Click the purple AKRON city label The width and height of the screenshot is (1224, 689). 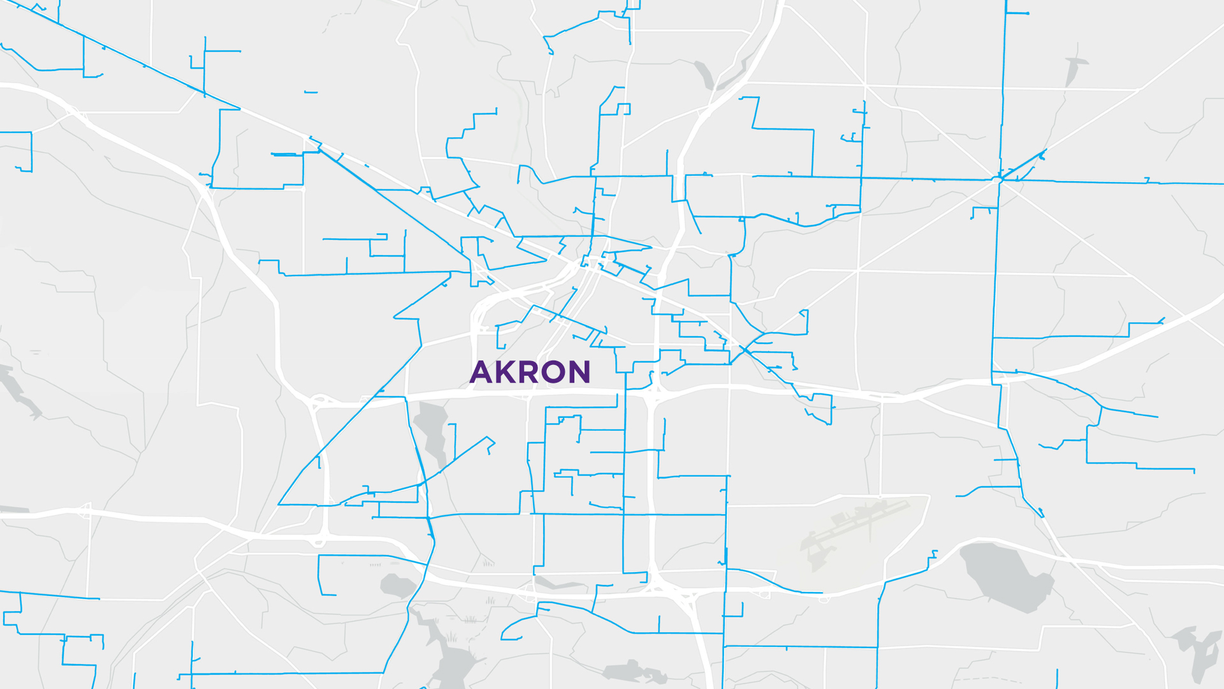tap(530, 372)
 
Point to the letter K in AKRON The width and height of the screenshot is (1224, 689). tap(507, 372)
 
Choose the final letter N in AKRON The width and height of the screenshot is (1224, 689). tap(580, 372)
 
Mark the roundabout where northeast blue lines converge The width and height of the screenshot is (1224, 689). tap(998, 179)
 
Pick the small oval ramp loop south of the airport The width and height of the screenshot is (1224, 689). tap(824, 599)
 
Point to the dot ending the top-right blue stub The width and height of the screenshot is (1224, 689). tap(1028, 13)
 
